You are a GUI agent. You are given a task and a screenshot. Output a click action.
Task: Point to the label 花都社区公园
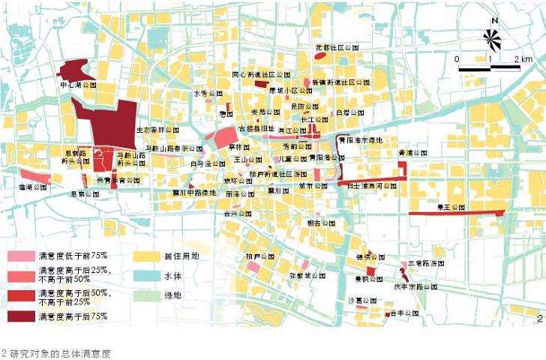pos(337,46)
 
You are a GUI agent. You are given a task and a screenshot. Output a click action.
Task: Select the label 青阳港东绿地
pos(360,140)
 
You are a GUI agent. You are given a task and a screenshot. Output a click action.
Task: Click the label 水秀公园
pos(209,94)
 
